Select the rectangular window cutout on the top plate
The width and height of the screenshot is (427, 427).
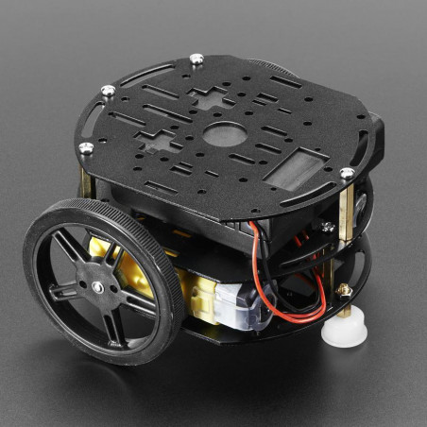tap(292, 171)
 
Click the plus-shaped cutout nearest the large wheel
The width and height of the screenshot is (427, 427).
tap(153, 143)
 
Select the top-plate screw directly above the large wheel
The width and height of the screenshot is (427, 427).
tap(86, 147)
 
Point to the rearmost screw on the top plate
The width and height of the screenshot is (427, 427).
tap(196, 59)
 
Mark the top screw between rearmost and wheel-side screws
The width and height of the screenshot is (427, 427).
tap(109, 91)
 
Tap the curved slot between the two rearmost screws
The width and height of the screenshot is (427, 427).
tap(142, 71)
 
